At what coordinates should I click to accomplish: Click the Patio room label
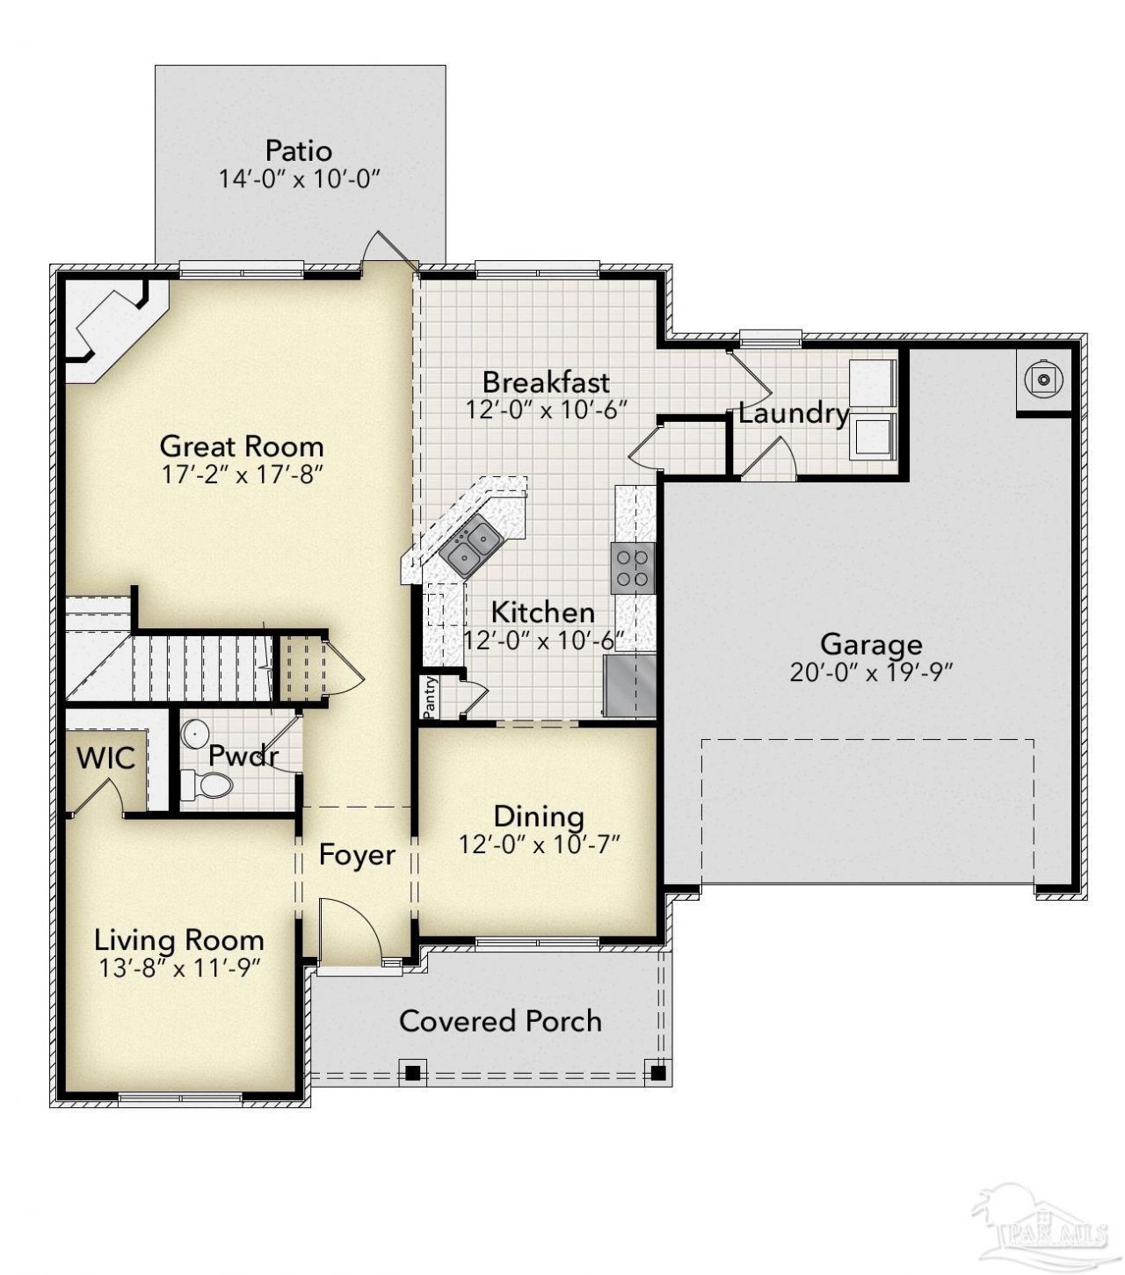tap(299, 151)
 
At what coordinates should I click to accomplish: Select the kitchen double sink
tap(471, 546)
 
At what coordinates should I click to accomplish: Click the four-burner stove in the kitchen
tap(632, 569)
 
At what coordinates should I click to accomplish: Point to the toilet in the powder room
tap(207, 785)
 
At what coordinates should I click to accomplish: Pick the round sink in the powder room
tap(195, 733)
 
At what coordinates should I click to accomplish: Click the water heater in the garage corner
tap(1044, 380)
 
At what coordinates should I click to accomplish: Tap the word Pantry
tap(430, 697)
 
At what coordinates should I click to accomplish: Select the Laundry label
tap(794, 414)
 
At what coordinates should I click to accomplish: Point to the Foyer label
tap(357, 854)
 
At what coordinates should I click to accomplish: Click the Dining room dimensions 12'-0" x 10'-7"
tap(540, 844)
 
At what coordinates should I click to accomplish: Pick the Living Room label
tap(178, 940)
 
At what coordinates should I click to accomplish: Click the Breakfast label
tap(546, 382)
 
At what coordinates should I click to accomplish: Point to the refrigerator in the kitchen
tap(629, 685)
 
